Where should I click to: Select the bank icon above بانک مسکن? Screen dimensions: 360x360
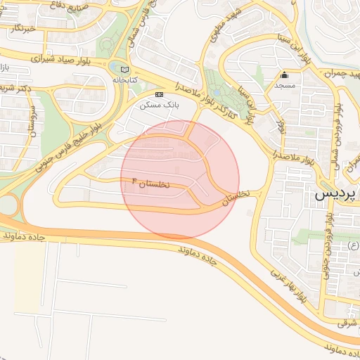pos(160,94)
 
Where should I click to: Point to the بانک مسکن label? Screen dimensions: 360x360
pos(158,104)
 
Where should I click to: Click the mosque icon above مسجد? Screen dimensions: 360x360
pos(285,76)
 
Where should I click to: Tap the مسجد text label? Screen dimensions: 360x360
pos(284,85)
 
